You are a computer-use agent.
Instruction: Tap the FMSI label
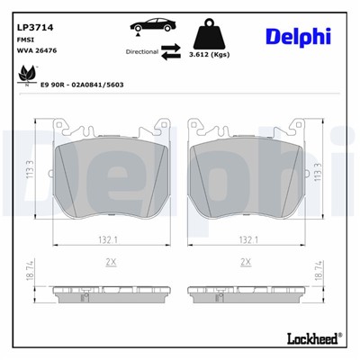pos(26,40)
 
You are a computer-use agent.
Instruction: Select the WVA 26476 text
pos(37,51)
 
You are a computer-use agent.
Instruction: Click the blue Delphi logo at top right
pos(298,36)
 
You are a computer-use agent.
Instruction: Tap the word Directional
pos(142,53)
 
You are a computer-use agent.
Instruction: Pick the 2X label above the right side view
pos(244,261)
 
